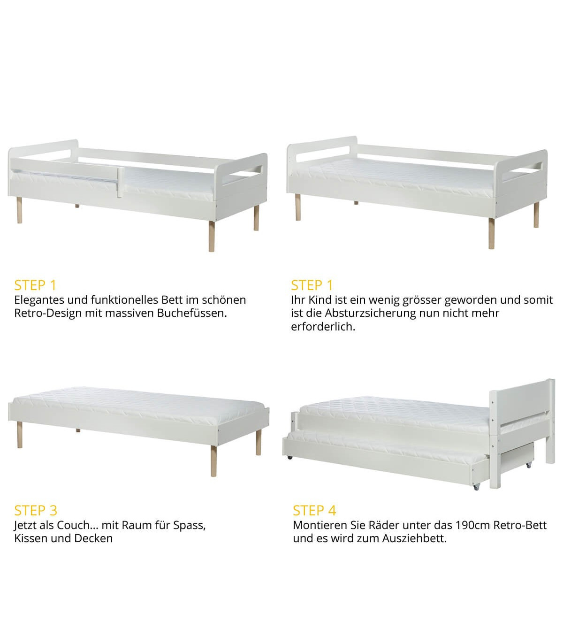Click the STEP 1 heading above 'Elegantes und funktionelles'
35,285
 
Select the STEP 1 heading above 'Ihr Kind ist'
312,285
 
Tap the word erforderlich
323,327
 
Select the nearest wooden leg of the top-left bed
212,236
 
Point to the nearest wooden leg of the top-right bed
491,233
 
